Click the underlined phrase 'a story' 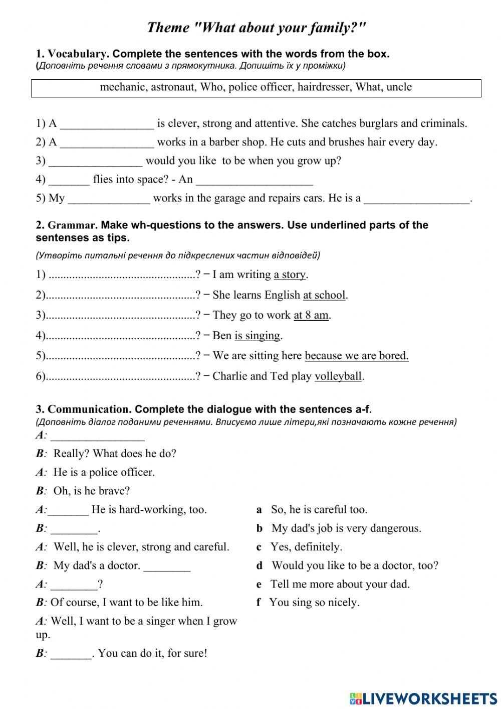coord(290,274)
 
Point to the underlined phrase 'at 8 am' coord(311,315)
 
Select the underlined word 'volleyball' coord(338,376)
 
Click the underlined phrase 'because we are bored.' coord(356,356)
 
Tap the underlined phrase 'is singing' coord(257,336)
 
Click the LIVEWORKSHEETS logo coord(423,698)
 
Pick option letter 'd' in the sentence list coord(260,566)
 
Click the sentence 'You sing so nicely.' coord(314,603)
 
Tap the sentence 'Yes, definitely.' coord(306,547)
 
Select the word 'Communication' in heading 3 coord(89,409)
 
